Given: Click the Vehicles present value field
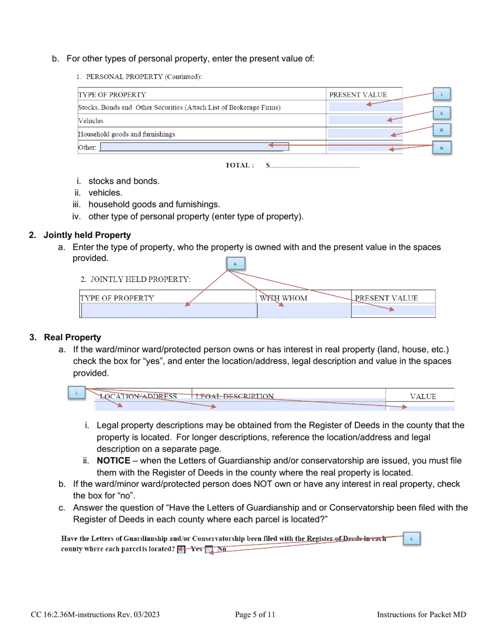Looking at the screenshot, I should pos(364,121).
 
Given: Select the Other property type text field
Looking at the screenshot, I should pos(194,147).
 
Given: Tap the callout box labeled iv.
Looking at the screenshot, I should pos(442,148).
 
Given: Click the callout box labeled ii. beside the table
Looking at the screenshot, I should pos(442,113).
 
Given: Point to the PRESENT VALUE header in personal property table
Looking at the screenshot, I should pos(358,94).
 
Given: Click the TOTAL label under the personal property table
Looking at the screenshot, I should pos(240,165).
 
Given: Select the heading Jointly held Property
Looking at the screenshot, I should pos(87,235).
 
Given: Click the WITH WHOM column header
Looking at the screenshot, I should pos(284,298).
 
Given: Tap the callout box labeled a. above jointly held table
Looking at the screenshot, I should pos(235,264).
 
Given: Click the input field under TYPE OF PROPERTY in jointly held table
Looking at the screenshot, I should pos(169,311).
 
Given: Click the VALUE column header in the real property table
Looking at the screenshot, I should pos(423,396).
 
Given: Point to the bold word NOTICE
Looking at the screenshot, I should pos(114,461).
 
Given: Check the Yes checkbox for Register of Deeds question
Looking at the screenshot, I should pos(181,549).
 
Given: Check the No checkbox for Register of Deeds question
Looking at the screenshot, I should pos(208,549).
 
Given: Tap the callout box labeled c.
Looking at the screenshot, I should pos(411,539).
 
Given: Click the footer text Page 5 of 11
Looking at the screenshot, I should pos(255,615).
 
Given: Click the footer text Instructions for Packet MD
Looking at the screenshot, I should pos(421,615).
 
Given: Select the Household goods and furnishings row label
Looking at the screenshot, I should pos(127,134).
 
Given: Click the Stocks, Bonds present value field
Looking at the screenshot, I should pos(364,108).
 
